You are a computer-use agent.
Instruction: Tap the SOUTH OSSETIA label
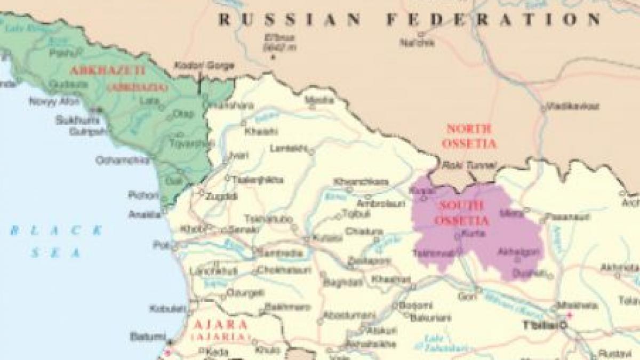[454, 212]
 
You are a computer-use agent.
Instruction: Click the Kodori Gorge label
[204, 66]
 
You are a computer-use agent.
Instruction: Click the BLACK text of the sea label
[56, 231]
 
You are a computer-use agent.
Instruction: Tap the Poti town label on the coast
[161, 245]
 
